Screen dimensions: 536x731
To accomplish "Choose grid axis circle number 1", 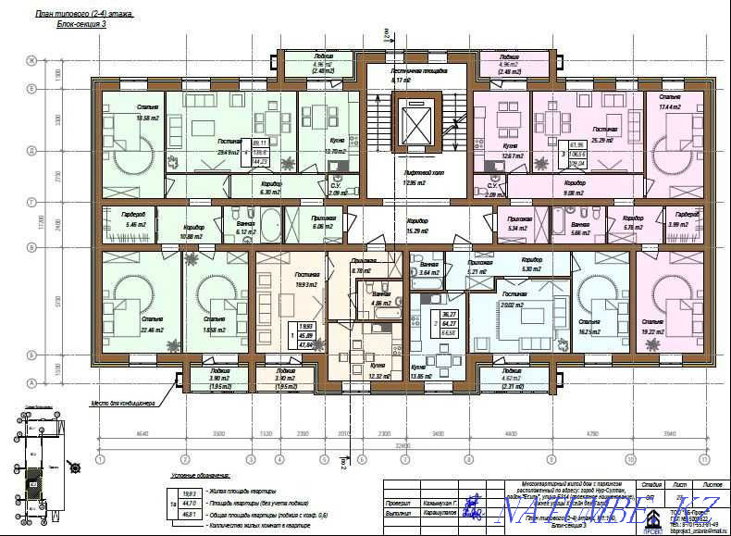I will (99, 456).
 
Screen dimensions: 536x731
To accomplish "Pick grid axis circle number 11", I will (704, 456).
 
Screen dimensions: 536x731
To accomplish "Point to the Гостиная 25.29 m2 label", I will (604, 135).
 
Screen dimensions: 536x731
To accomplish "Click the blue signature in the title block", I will (472, 509).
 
